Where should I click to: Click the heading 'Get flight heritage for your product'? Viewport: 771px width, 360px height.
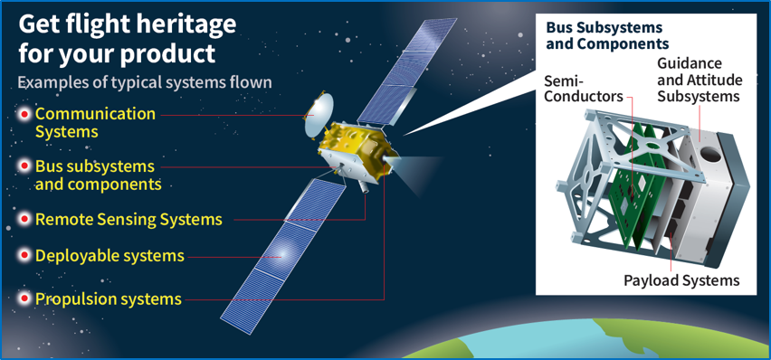click(127, 38)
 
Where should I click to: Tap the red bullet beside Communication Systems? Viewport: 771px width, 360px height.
click(24, 114)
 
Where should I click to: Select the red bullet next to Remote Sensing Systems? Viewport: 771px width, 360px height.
click(24, 219)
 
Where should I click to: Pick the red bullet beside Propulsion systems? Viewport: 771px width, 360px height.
click(24, 298)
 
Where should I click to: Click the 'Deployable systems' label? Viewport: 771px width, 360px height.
click(109, 256)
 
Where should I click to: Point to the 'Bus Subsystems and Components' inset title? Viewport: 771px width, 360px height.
click(606, 35)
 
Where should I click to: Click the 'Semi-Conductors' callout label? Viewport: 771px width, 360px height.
click(584, 89)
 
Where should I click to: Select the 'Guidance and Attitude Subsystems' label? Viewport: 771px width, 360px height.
click(700, 81)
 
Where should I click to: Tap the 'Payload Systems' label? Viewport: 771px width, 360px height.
click(681, 280)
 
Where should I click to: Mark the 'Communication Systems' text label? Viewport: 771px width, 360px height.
click(95, 123)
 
